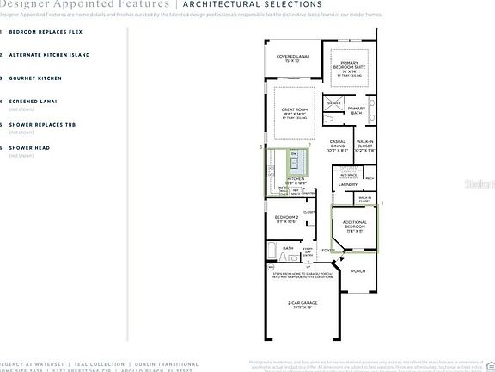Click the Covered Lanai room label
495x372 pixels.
[286, 59]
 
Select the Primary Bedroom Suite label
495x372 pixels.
[350, 69]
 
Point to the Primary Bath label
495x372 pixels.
[357, 110]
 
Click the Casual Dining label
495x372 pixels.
[338, 147]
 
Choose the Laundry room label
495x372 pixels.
[348, 184]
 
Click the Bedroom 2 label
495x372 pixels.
[286, 219]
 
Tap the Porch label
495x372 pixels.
[358, 270]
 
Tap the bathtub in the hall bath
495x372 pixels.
[290, 257]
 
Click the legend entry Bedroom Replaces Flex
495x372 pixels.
[45, 31]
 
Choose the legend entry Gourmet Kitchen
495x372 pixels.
[35, 78]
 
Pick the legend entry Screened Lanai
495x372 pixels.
[35, 102]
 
